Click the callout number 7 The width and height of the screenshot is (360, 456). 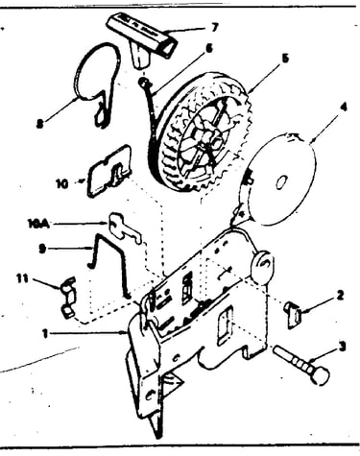(214, 28)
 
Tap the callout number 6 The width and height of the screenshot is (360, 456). (209, 49)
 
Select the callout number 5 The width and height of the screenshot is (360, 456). (285, 59)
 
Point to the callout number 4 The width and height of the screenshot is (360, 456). (344, 107)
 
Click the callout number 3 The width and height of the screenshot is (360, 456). (342, 347)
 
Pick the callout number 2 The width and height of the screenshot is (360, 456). (340, 295)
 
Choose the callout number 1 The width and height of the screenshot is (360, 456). (45, 334)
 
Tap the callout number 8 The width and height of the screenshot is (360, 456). (39, 124)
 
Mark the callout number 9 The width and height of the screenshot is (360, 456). (42, 249)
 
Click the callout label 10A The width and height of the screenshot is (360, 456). (39, 224)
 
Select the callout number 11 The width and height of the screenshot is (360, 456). (22, 278)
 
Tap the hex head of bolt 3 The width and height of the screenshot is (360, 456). (320, 375)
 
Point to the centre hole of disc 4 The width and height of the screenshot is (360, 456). (280, 182)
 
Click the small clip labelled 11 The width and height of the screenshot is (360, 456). (68, 298)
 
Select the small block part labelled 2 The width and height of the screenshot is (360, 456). (292, 315)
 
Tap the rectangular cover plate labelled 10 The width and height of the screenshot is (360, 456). (108, 171)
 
